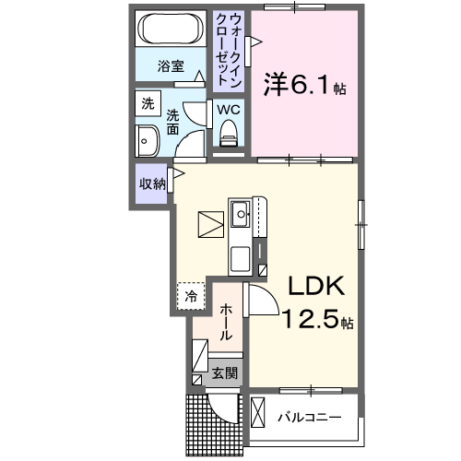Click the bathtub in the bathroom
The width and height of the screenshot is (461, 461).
point(171,29)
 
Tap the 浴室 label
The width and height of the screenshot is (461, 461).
point(171,66)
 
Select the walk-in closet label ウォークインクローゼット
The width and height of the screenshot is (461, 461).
point(229,50)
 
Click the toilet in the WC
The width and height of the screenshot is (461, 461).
point(229,133)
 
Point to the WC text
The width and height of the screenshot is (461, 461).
point(229,110)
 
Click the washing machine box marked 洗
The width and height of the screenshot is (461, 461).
point(148,103)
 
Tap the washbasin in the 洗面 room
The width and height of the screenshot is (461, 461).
point(147,141)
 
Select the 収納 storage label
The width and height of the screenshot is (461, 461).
point(153,183)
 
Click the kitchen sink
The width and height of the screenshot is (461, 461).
point(241,214)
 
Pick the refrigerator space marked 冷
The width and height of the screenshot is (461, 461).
point(191,296)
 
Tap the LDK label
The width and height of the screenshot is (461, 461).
point(315,286)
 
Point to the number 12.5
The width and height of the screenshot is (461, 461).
point(311,319)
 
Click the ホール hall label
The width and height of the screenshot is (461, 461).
point(226,322)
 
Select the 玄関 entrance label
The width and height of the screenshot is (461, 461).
point(225,373)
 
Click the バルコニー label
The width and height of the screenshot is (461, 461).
point(310,418)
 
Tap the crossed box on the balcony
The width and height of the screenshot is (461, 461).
point(258,412)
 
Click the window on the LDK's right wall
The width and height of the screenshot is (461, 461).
point(361,225)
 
